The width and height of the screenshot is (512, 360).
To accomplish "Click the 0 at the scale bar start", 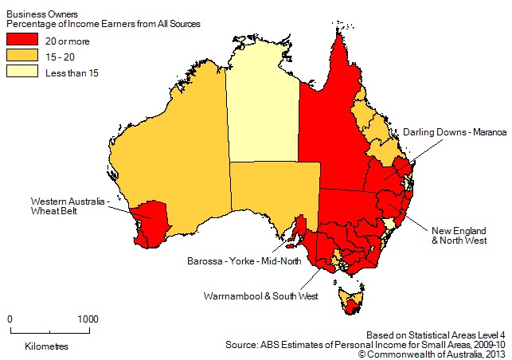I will click(10, 319).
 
